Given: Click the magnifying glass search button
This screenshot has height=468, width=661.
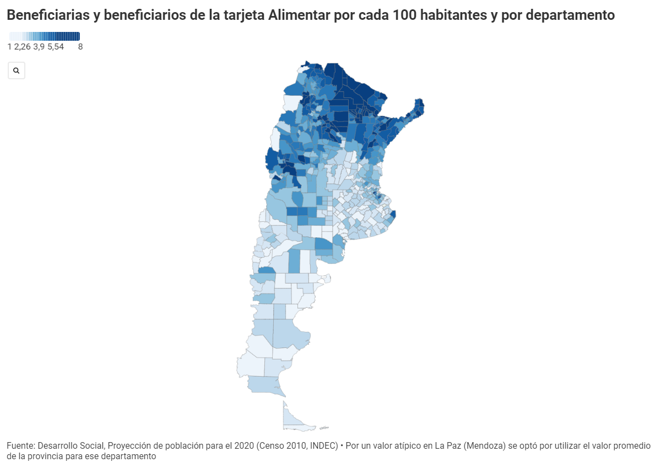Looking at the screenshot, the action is [17, 70].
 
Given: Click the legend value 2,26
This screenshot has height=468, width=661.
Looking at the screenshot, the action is [23, 47].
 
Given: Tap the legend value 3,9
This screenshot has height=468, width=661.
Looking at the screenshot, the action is [39, 47].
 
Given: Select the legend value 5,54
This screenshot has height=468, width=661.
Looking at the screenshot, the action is [56, 47].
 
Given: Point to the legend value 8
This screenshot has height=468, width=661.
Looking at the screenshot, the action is [80, 47].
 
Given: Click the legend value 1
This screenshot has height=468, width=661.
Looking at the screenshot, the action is [9, 47].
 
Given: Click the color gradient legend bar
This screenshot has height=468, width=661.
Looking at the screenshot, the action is [45, 36].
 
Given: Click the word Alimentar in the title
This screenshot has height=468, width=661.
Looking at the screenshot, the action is [299, 15].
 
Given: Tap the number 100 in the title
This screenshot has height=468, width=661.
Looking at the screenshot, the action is [405, 15].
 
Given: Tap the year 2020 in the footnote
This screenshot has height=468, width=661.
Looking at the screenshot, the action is [244, 445].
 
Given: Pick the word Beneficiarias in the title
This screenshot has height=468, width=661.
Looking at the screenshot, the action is [48, 15].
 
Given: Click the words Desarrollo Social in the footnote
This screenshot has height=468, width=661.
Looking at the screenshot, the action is [71, 445].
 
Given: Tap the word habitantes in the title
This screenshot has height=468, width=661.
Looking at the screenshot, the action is [453, 15].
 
